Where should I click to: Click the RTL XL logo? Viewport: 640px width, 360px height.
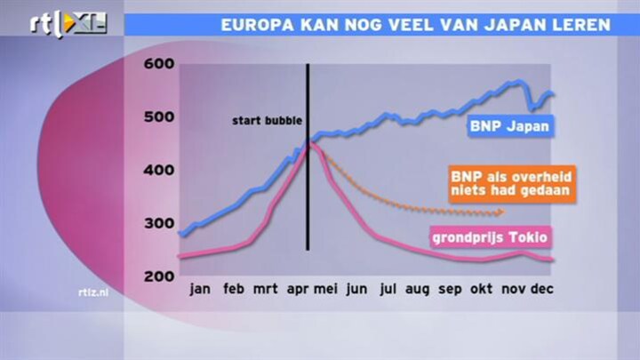click(x=68, y=24)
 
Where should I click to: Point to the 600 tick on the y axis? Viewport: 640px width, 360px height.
click(x=159, y=64)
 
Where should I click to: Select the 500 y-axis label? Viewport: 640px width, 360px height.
click(x=159, y=117)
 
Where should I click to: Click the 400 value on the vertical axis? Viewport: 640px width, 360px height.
click(x=159, y=170)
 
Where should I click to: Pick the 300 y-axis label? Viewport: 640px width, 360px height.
click(x=159, y=224)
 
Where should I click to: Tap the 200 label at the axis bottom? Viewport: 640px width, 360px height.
click(x=159, y=276)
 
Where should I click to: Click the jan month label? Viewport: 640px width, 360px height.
click(x=200, y=290)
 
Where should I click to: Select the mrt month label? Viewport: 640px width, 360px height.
click(x=265, y=289)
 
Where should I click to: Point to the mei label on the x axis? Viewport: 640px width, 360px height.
click(x=325, y=289)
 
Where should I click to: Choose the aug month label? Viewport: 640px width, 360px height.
click(x=417, y=290)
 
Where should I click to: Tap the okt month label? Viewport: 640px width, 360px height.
click(x=481, y=289)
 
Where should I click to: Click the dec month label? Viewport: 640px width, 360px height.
click(x=542, y=289)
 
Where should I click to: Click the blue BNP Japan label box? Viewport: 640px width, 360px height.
click(x=510, y=126)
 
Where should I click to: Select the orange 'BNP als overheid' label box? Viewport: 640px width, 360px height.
click(x=512, y=184)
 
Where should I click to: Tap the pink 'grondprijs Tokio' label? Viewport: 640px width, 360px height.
click(x=491, y=237)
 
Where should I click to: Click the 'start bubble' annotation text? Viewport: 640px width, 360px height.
click(x=268, y=121)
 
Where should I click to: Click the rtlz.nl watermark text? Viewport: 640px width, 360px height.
click(x=93, y=292)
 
